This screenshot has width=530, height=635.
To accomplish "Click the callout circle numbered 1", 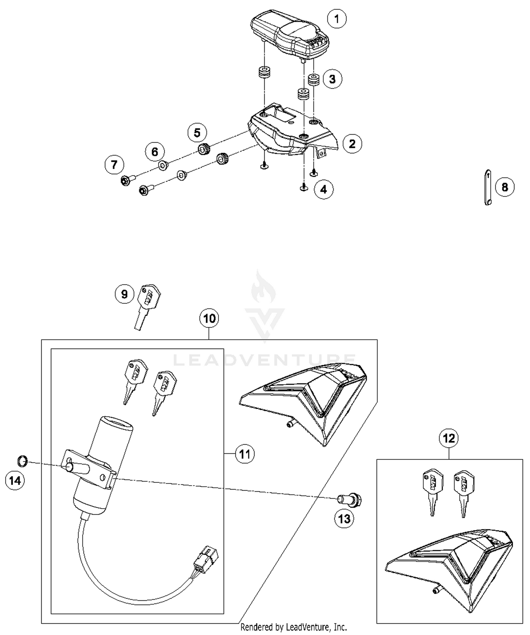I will pyautogui.click(x=336, y=19).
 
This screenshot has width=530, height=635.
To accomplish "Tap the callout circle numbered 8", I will pyautogui.click(x=505, y=187).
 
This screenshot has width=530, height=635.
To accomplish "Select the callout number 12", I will pyautogui.click(x=449, y=438).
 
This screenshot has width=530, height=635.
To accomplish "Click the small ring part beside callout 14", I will pyautogui.click(x=22, y=460).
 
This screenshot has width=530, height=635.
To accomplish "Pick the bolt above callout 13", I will pyautogui.click(x=350, y=499).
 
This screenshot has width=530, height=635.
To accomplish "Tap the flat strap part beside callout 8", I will pyautogui.click(x=488, y=187).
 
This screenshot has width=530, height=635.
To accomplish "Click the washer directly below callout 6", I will pyautogui.click(x=163, y=165).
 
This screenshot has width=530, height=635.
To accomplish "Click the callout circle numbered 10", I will pyautogui.click(x=209, y=318).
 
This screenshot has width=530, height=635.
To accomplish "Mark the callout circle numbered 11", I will pyautogui.click(x=245, y=454).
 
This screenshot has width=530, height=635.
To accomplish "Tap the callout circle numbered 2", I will pyautogui.click(x=352, y=144).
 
